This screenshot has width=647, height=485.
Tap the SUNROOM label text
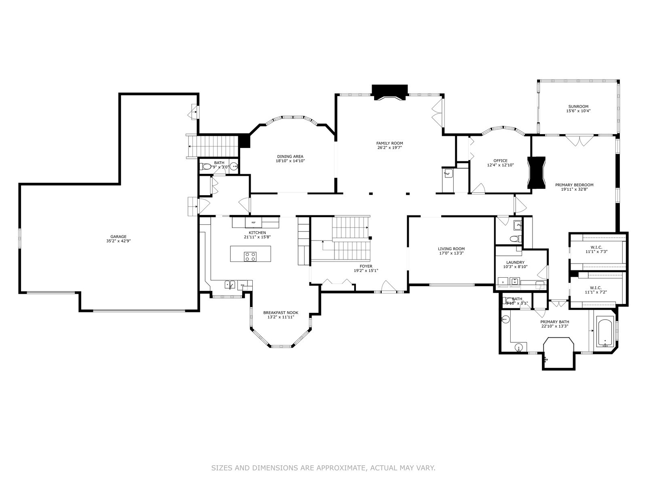(578, 107)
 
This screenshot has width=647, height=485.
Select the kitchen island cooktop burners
(250, 256)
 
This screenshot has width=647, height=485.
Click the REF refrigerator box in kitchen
(254, 223)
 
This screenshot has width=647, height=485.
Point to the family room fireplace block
(389, 92)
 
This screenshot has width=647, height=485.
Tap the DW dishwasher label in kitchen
(243, 285)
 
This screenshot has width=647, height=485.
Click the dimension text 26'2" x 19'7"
(389, 148)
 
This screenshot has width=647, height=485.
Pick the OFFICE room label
(500, 161)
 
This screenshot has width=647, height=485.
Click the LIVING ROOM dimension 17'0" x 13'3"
(451, 253)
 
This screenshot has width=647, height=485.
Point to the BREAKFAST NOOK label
(281, 313)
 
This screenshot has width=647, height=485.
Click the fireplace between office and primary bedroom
(536, 173)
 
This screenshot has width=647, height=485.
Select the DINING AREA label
(290, 156)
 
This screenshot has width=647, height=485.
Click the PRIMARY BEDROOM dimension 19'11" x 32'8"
(577, 189)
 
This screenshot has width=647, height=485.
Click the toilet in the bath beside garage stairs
(207, 167)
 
